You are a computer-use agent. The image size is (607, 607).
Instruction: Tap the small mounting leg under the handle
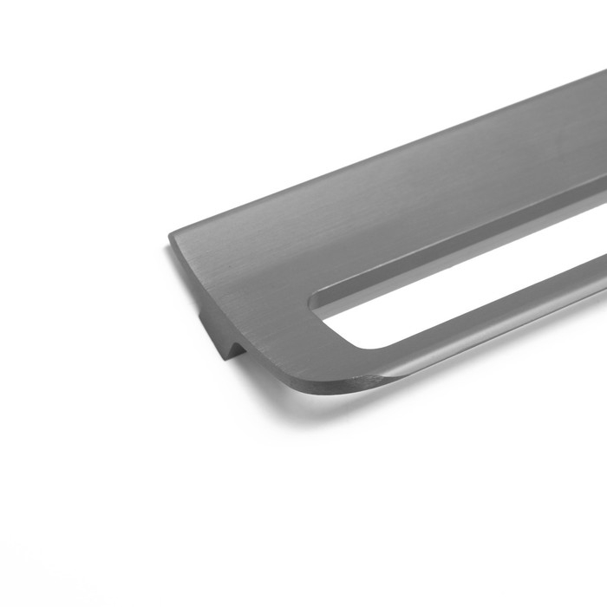[219, 337]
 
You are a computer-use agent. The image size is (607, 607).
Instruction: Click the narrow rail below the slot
[486, 330]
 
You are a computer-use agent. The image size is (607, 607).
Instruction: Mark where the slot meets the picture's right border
[604, 260]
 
